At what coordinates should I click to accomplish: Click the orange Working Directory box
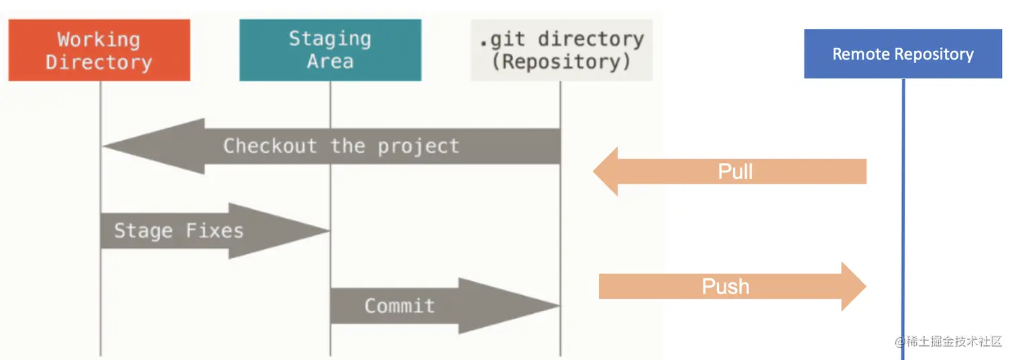pyautogui.click(x=99, y=50)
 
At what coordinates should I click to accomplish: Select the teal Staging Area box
pyautogui.click(x=330, y=50)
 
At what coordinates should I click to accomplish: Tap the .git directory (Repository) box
pyautogui.click(x=561, y=50)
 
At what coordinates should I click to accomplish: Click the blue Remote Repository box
pyautogui.click(x=903, y=54)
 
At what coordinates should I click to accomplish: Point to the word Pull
pyautogui.click(x=735, y=172)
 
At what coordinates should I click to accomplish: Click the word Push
pyautogui.click(x=725, y=287)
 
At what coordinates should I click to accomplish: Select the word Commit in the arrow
pyautogui.click(x=400, y=306)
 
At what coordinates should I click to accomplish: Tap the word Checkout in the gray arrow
pyautogui.click(x=270, y=146)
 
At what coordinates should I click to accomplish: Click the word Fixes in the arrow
pyautogui.click(x=215, y=231)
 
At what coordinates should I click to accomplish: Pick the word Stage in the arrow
pyautogui.click(x=143, y=231)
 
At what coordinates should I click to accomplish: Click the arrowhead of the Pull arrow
pyautogui.click(x=600, y=172)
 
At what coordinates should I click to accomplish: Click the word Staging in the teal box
pyautogui.click(x=330, y=39)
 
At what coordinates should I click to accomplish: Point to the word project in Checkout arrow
pyautogui.click(x=418, y=146)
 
